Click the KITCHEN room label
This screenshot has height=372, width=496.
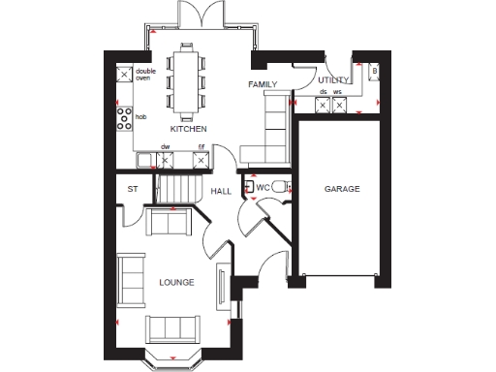coord(188,128)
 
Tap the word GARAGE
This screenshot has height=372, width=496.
coord(341,189)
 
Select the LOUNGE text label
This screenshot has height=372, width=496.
coord(176,283)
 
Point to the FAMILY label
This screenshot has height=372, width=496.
coord(263,85)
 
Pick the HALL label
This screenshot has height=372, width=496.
coord(222,192)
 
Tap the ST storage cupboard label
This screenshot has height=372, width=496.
coord(133,189)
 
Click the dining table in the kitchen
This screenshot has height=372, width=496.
coord(185,78)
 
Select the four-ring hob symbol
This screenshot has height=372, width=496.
coord(125,118)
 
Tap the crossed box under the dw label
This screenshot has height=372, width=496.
coord(165,160)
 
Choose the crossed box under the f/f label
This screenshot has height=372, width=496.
coord(201,160)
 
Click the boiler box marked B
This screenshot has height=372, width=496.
coord(374,73)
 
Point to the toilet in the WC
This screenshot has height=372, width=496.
coord(279,186)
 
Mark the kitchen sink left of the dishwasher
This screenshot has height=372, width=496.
coord(146,160)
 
